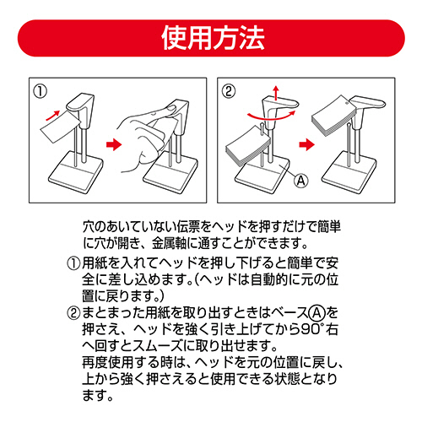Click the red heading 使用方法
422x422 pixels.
(213, 38)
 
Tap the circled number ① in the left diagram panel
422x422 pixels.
(41, 91)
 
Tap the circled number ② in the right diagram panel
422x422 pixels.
(229, 91)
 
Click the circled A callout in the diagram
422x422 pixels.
(301, 181)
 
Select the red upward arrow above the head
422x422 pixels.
(276, 93)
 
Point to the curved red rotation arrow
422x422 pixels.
(271, 116)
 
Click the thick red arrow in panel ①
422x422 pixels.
(114, 144)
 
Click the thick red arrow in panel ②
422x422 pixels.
(306, 144)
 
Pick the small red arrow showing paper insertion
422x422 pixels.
(52, 116)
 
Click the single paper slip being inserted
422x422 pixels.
(61, 128)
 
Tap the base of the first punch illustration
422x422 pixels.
(75, 172)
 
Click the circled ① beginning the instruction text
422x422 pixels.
(73, 263)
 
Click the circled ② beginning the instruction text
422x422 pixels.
(73, 313)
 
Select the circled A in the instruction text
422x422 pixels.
(317, 312)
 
